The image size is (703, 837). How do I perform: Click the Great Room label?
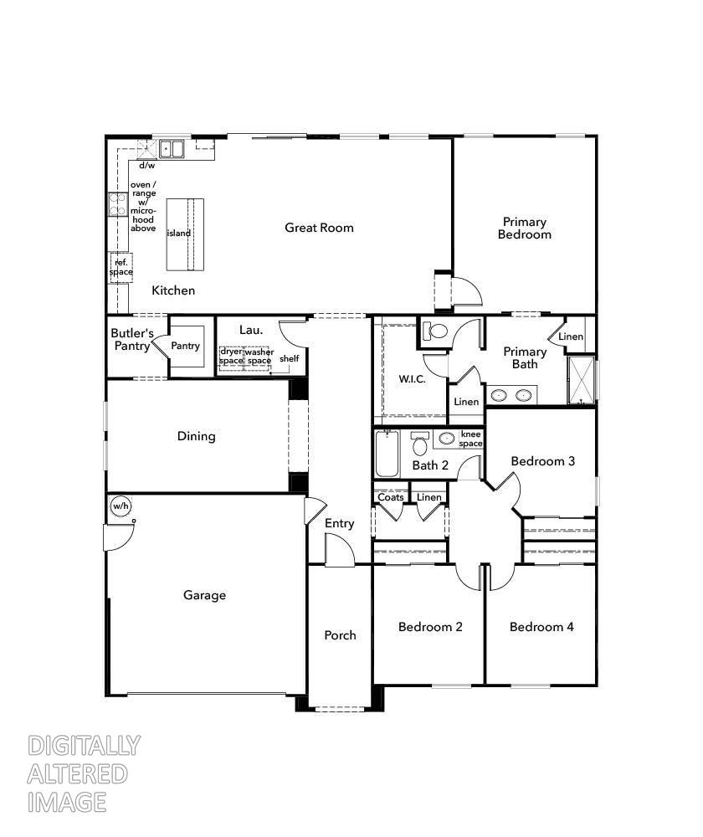[319, 228]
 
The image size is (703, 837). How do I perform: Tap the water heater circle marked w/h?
[121, 506]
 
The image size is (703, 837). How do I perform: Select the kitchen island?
[185, 234]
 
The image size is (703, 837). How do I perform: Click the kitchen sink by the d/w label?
[173, 149]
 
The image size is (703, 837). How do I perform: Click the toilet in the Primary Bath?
[434, 331]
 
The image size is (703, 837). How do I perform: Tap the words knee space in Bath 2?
[471, 439]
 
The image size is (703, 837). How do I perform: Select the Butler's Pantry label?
[132, 339]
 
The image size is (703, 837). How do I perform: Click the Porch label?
[340, 635]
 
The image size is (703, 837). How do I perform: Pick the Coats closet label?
[391, 497]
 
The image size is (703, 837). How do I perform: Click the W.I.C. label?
[411, 379]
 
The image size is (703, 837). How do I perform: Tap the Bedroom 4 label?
[541, 627]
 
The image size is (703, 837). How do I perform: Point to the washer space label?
[259, 357]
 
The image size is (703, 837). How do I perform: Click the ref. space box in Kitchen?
[121, 267]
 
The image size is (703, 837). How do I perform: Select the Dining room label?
[196, 436]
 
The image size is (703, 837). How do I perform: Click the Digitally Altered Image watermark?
[84, 773]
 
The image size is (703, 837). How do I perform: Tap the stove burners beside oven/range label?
[116, 204]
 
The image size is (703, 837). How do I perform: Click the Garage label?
[205, 596]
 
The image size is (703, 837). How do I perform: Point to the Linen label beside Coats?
[429, 497]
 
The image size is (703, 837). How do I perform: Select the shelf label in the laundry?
[289, 358]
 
